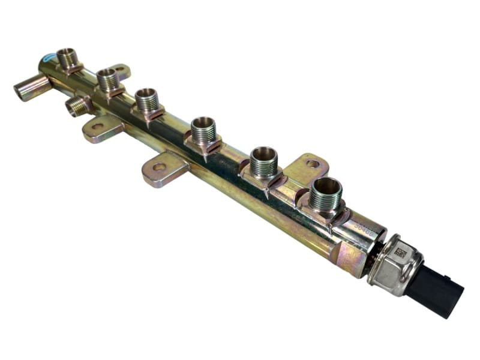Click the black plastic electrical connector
(435, 290)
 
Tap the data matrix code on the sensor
(400, 254)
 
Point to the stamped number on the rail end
(364, 228)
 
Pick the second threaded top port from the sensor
(263, 160)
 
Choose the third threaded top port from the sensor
(203, 129)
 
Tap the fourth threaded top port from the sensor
(147, 100)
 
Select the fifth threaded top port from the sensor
(108, 79)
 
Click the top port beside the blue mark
(68, 59)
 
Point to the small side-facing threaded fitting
(76, 107)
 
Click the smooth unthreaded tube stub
(30, 89)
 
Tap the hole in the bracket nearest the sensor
(313, 163)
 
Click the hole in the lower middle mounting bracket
(159, 167)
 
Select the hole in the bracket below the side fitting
(98, 127)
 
